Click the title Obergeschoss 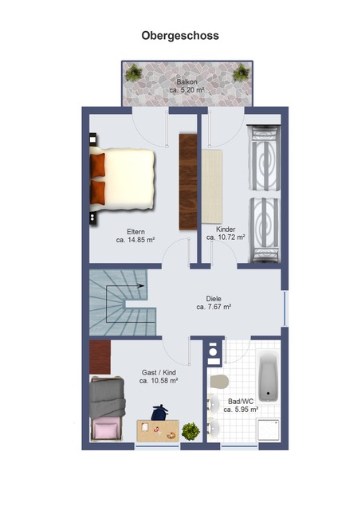[180, 35]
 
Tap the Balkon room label [187, 82]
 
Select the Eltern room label [136, 232]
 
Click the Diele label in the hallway [214, 299]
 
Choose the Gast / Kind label [159, 373]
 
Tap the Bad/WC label [241, 402]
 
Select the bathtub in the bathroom [269, 376]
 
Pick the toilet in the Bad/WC [219, 381]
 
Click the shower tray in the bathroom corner [269, 430]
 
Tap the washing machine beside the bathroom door [213, 352]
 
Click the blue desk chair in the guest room [159, 413]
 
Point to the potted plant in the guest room [190, 431]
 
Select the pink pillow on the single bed [105, 430]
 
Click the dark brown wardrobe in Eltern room [188, 182]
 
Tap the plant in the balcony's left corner [133, 73]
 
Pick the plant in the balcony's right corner [241, 73]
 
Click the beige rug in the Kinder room [212, 186]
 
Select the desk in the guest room [158, 430]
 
